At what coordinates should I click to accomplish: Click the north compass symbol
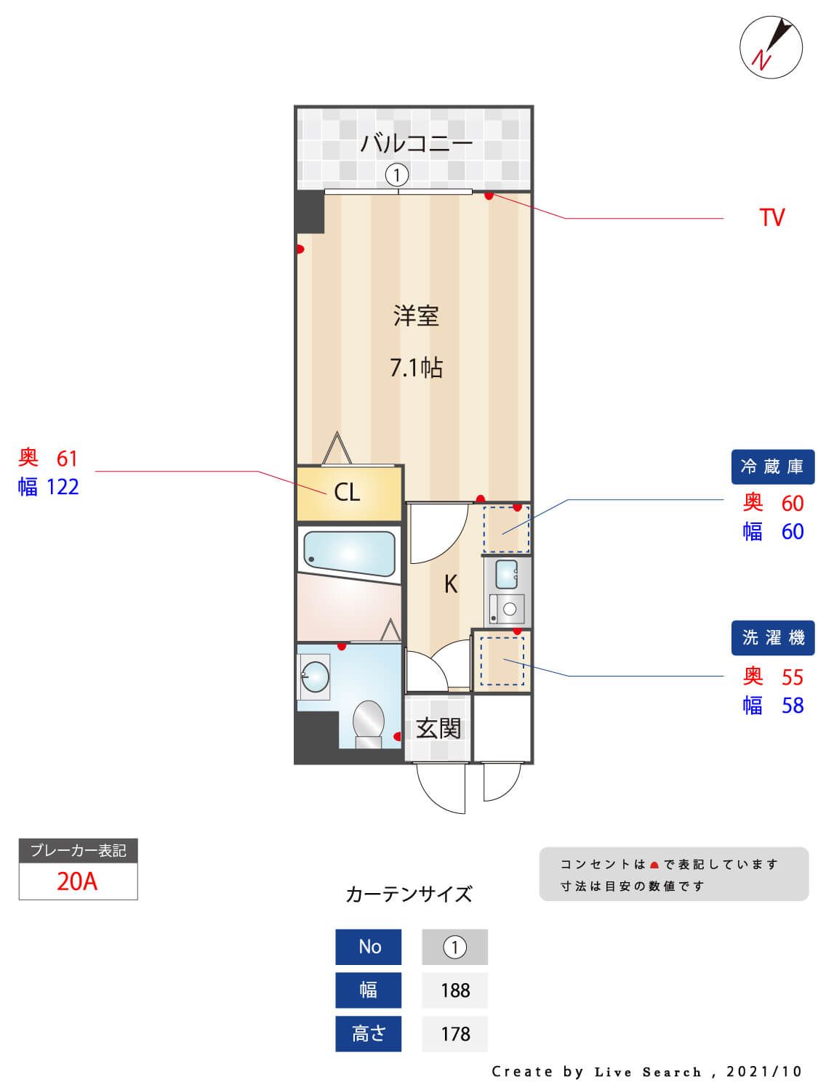pos(771,48)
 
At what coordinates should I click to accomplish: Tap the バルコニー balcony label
pos(416,142)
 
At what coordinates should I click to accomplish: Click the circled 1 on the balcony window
pos(396,175)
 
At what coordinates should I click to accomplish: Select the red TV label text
pos(771,218)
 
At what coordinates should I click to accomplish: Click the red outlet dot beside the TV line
pos(489,195)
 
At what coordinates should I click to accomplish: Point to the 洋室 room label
pos(416,316)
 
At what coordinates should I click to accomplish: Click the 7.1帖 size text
pos(416,368)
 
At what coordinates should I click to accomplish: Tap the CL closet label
pos(347,493)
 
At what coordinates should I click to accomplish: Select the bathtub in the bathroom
pos(349,554)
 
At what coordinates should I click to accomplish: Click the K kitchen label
pos(451,584)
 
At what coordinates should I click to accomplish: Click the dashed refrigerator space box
pos(506,530)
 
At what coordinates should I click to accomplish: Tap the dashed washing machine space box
pos(501,661)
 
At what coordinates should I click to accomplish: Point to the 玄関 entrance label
pos(438,728)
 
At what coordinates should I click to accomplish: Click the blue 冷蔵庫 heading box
pos(772,467)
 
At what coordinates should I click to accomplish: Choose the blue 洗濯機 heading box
pos(772,638)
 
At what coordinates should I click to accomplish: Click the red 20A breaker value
pos(77,881)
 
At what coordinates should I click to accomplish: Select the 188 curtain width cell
pos(455,990)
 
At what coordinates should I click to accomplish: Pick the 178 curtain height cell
pos(455,1034)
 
